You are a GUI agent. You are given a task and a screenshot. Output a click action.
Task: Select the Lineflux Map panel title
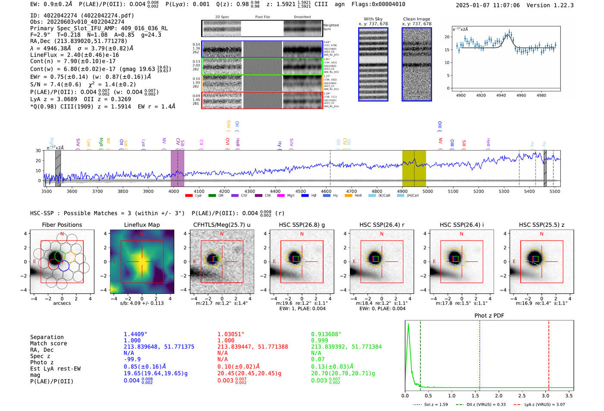click(142, 225)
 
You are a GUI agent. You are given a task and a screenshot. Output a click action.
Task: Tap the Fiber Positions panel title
click(62, 225)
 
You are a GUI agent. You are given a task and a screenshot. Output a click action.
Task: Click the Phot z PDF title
click(489, 316)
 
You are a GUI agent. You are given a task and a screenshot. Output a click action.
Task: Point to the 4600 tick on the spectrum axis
click(326, 191)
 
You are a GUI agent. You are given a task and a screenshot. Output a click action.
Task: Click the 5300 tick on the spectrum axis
click(504, 191)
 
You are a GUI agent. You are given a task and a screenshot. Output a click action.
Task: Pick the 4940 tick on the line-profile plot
click(501, 95)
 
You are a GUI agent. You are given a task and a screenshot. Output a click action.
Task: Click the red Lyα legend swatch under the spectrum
click(189, 196)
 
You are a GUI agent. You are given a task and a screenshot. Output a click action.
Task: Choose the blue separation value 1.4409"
click(135, 334)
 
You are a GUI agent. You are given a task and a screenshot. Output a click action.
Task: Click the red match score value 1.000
click(226, 340)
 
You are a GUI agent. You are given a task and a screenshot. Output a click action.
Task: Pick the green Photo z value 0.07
click(318, 359)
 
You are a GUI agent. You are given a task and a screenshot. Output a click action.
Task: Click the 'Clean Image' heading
click(416, 19)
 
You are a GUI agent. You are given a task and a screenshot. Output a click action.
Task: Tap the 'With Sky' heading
click(373, 19)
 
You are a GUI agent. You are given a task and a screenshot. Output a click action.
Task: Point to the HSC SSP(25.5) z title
click(541, 225)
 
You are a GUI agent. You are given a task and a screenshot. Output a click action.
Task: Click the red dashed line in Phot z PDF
click(549, 354)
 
